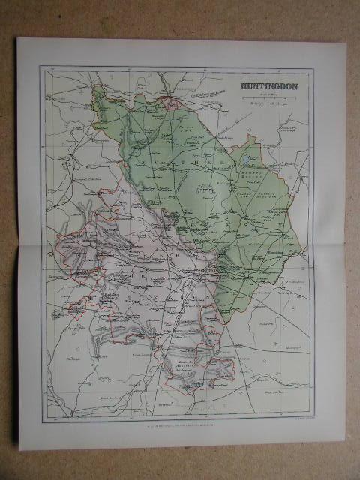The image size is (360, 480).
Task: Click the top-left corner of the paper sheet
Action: [x=18, y=38]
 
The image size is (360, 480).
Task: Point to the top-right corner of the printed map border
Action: [x=313, y=67]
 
